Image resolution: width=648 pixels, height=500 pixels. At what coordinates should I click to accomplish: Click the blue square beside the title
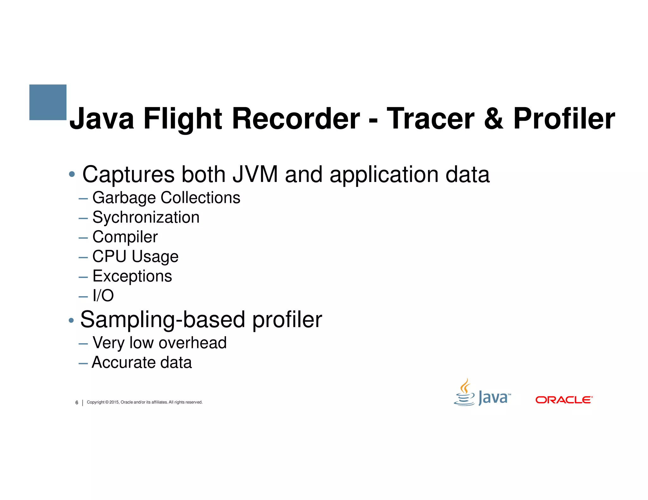[48, 102]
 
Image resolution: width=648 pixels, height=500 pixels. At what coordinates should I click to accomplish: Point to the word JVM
[255, 174]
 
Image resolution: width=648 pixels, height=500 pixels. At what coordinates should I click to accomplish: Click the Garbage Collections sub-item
[166, 198]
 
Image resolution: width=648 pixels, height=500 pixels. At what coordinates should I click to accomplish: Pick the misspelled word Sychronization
[146, 217]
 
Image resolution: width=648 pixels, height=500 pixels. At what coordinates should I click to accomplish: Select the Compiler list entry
[125, 237]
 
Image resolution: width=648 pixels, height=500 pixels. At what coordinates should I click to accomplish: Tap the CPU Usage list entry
[135, 257]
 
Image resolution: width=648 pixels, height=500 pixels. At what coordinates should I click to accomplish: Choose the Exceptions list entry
[132, 276]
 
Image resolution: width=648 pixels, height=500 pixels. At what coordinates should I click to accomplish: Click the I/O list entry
[103, 296]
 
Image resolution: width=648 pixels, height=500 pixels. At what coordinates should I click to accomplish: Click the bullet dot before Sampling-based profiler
[71, 320]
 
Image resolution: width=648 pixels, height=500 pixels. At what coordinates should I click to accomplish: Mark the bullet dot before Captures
[72, 174]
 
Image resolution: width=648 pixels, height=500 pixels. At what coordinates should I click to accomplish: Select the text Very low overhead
[159, 343]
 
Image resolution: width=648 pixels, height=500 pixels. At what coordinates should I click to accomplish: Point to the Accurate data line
[142, 363]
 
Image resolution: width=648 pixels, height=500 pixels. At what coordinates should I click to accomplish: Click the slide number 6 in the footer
[77, 403]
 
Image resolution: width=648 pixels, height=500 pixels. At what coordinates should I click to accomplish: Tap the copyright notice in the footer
[145, 402]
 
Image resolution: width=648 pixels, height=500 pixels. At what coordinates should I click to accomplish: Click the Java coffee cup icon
[464, 393]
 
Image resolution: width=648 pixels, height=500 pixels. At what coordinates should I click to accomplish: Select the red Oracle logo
[564, 400]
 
